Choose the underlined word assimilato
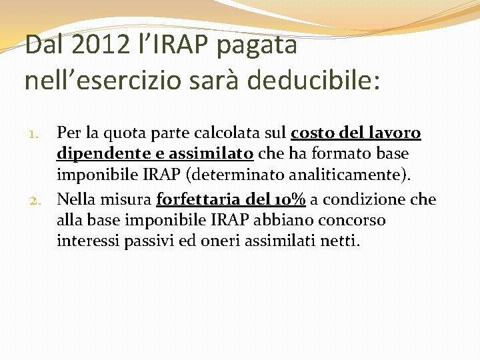click(x=211, y=154)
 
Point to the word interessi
click(x=88, y=241)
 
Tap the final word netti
click(x=339, y=241)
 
